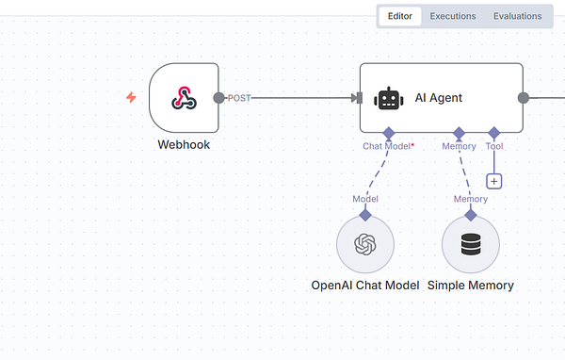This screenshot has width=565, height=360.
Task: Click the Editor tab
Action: tap(400, 16)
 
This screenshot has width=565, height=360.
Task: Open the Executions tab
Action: tap(453, 16)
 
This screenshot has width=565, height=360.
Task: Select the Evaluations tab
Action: tap(517, 16)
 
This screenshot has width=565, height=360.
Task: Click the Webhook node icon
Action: tap(184, 98)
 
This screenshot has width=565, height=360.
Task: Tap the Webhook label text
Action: tap(184, 144)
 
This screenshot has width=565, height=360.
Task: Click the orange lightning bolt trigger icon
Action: tap(131, 97)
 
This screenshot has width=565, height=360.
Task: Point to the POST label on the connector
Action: tap(239, 98)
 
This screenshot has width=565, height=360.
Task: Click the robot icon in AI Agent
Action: tap(388, 98)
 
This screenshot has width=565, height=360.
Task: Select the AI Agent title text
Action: tap(439, 98)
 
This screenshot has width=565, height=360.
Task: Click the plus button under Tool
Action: tap(494, 181)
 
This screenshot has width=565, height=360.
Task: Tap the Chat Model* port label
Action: tap(388, 146)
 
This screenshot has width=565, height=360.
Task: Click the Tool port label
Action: tap(494, 146)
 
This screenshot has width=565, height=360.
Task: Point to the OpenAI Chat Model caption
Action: tap(365, 285)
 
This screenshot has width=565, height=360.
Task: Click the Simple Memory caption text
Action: tap(471, 285)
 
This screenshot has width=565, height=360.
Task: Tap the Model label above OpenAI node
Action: tap(365, 199)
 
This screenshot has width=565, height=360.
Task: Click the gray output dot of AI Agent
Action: tap(524, 98)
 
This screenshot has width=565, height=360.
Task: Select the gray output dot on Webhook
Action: tap(219, 98)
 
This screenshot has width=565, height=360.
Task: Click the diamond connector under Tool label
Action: tap(494, 133)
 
